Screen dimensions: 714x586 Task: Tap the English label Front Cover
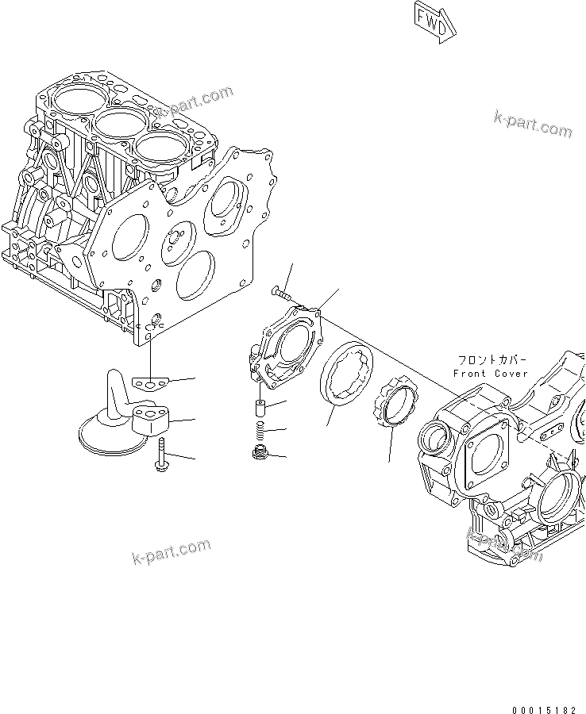coord(490,373)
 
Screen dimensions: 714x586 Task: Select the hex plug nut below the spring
coord(257,454)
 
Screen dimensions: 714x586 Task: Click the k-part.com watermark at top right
coord(531,122)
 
